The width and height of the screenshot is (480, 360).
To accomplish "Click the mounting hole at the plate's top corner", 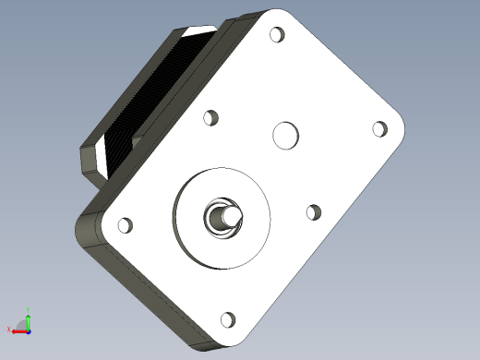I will click(276, 36).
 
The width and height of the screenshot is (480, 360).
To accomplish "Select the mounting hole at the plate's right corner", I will click(378, 129).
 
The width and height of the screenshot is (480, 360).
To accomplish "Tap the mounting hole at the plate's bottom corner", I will click(227, 320).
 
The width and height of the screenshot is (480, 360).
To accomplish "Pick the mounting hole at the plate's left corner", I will click(125, 224).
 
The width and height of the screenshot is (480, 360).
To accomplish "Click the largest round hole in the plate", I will click(286, 136).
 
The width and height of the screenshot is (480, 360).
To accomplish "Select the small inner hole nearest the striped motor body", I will click(211, 118).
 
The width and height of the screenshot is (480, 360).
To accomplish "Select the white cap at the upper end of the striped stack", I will click(198, 32).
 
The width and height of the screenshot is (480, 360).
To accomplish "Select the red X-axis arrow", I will click(18, 330).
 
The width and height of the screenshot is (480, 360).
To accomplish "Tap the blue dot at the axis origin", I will click(30, 330).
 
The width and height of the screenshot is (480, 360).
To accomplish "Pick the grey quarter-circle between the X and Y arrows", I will click(25, 326).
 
